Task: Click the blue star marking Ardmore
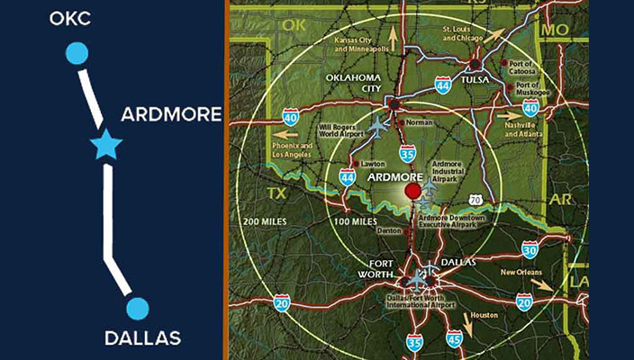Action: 106,144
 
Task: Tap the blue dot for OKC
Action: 77,54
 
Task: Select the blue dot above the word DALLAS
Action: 137,309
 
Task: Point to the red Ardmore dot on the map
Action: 413,191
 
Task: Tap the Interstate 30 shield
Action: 530,249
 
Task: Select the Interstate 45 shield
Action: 454,338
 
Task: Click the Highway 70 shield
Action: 488,197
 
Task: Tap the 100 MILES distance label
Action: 354,220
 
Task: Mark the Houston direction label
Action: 483,316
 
